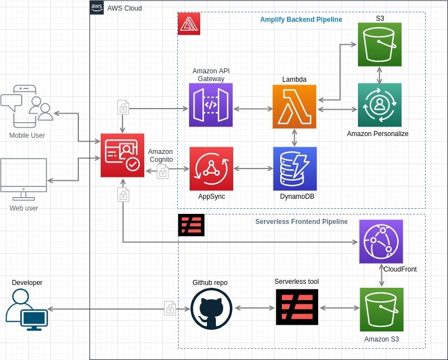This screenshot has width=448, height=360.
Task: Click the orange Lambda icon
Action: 294,106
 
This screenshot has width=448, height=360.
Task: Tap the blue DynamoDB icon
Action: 295,169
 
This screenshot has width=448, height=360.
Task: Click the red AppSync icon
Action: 211,169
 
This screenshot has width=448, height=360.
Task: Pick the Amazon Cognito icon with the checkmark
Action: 122,156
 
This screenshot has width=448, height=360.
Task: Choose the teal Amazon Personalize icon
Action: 380,105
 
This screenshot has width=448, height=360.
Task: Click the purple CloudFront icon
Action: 381,241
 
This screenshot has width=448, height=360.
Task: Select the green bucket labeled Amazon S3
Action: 381,310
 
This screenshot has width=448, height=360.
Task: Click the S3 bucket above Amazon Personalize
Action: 380,44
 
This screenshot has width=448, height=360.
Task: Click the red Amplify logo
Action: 188,24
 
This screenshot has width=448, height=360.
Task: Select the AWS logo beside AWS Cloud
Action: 97,8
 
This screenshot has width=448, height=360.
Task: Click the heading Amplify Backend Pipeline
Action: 301,20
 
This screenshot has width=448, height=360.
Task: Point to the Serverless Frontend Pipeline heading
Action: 301,222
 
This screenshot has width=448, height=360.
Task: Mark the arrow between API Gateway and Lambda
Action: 252,109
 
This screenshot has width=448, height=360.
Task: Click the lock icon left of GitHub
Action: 170,308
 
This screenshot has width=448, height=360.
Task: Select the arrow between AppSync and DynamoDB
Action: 253,168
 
